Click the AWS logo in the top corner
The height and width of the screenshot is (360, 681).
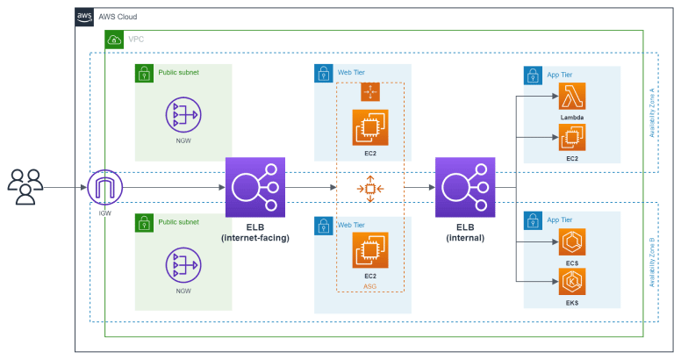[85, 17]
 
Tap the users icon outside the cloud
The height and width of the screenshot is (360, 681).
[25, 187]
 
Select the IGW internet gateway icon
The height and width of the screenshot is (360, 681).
[105, 188]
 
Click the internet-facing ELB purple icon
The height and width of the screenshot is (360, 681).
[255, 187]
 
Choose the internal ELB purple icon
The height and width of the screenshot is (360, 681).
[465, 187]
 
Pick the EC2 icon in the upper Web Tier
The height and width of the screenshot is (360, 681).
[369, 127]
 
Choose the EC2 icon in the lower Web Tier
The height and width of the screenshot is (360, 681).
[369, 250]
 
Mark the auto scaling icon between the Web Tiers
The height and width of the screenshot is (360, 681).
[369, 188]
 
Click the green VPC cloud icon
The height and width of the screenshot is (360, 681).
[114, 40]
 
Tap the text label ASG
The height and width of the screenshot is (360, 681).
[369, 285]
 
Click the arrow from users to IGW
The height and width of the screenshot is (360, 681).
[66, 188]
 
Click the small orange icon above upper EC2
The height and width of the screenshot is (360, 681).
[369, 91]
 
